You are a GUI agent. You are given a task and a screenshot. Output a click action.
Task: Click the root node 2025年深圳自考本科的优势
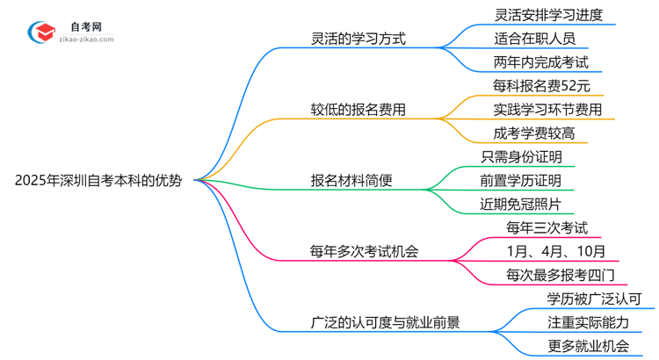click(98, 181)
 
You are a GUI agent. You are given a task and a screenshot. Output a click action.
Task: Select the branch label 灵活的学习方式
click(358, 40)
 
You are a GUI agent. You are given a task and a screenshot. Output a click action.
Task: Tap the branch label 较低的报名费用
click(358, 110)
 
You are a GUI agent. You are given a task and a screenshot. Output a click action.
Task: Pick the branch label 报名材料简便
click(351, 181)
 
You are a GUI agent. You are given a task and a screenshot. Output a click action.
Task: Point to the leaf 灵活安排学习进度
click(548, 15)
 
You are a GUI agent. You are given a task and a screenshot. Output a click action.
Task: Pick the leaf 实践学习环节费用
click(548, 110)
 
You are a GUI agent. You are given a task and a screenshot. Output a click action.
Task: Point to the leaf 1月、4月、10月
click(549, 252)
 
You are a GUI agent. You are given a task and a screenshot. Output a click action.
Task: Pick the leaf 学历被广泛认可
click(600, 299)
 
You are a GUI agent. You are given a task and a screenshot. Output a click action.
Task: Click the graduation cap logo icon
click(41, 33)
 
